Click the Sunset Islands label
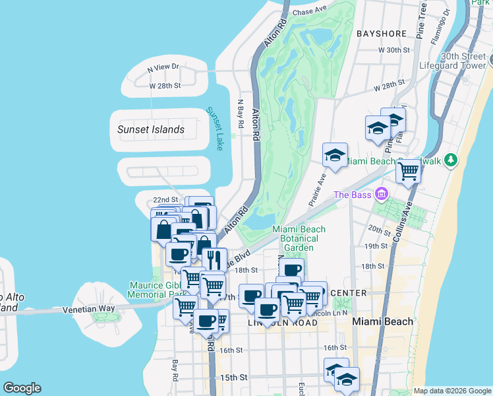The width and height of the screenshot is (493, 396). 151,129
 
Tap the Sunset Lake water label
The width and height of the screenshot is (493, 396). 215,129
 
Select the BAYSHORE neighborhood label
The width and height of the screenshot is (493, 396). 382,32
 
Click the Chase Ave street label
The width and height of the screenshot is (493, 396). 310,11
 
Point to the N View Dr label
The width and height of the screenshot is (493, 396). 163,67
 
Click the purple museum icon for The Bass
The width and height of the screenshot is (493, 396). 381,194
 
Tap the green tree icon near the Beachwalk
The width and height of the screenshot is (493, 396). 451,160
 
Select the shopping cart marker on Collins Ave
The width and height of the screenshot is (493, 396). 409,172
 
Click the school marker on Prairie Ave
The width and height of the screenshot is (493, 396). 335,156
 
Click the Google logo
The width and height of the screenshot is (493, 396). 22,388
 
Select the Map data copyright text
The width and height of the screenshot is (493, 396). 452,391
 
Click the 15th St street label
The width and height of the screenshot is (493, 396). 233,378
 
